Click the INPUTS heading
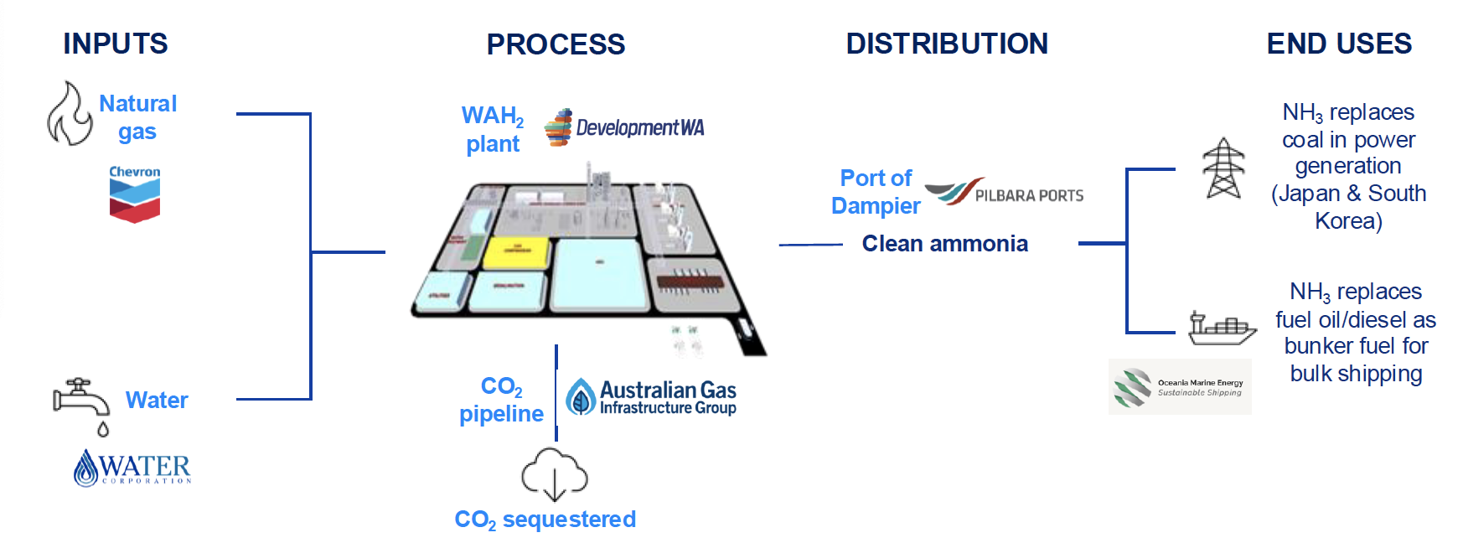pos(116,44)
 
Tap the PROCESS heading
pos(556,44)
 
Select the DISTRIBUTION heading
pos(947,44)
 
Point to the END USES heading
pos(1338,44)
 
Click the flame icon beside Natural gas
pos(69,114)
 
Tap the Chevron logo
pos(134,194)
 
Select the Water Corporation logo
pos(132,468)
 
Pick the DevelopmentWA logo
pos(624,127)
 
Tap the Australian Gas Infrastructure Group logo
pos(651,397)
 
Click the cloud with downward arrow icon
pos(554,475)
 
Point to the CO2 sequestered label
pos(545,520)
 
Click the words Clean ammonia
pos(944,244)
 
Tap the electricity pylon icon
pos(1223,168)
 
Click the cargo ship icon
pos(1222,328)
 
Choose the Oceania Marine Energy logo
pos(1179,387)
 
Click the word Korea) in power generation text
pos(1347,221)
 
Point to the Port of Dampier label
pos(876,192)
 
